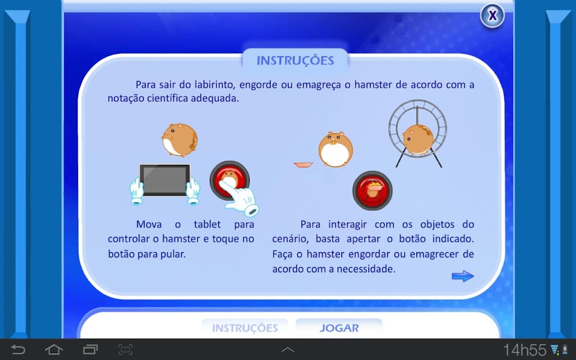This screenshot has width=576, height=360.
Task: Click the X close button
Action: coord(492,15)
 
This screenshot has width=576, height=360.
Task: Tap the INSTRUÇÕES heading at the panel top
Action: coord(295,61)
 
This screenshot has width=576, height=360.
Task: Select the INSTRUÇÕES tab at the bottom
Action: coord(245,328)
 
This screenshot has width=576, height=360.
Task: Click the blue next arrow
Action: coord(463,276)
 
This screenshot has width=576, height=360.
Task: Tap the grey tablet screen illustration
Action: coord(165,179)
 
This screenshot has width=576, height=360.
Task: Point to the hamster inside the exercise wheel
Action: coord(418,139)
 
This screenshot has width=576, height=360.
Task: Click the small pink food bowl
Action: coord(303,165)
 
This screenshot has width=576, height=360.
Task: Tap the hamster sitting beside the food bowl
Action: coord(335,149)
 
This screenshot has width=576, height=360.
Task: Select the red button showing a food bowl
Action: coord(372,191)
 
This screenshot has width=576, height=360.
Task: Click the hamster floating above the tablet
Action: coord(179,140)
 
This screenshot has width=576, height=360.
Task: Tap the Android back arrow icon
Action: coord(17,349)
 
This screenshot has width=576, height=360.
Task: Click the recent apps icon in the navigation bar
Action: coord(91,349)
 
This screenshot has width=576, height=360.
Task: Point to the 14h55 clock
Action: coord(525,350)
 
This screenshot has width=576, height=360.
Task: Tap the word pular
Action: coord(173,254)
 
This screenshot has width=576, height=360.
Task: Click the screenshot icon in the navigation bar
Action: coord(125,349)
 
